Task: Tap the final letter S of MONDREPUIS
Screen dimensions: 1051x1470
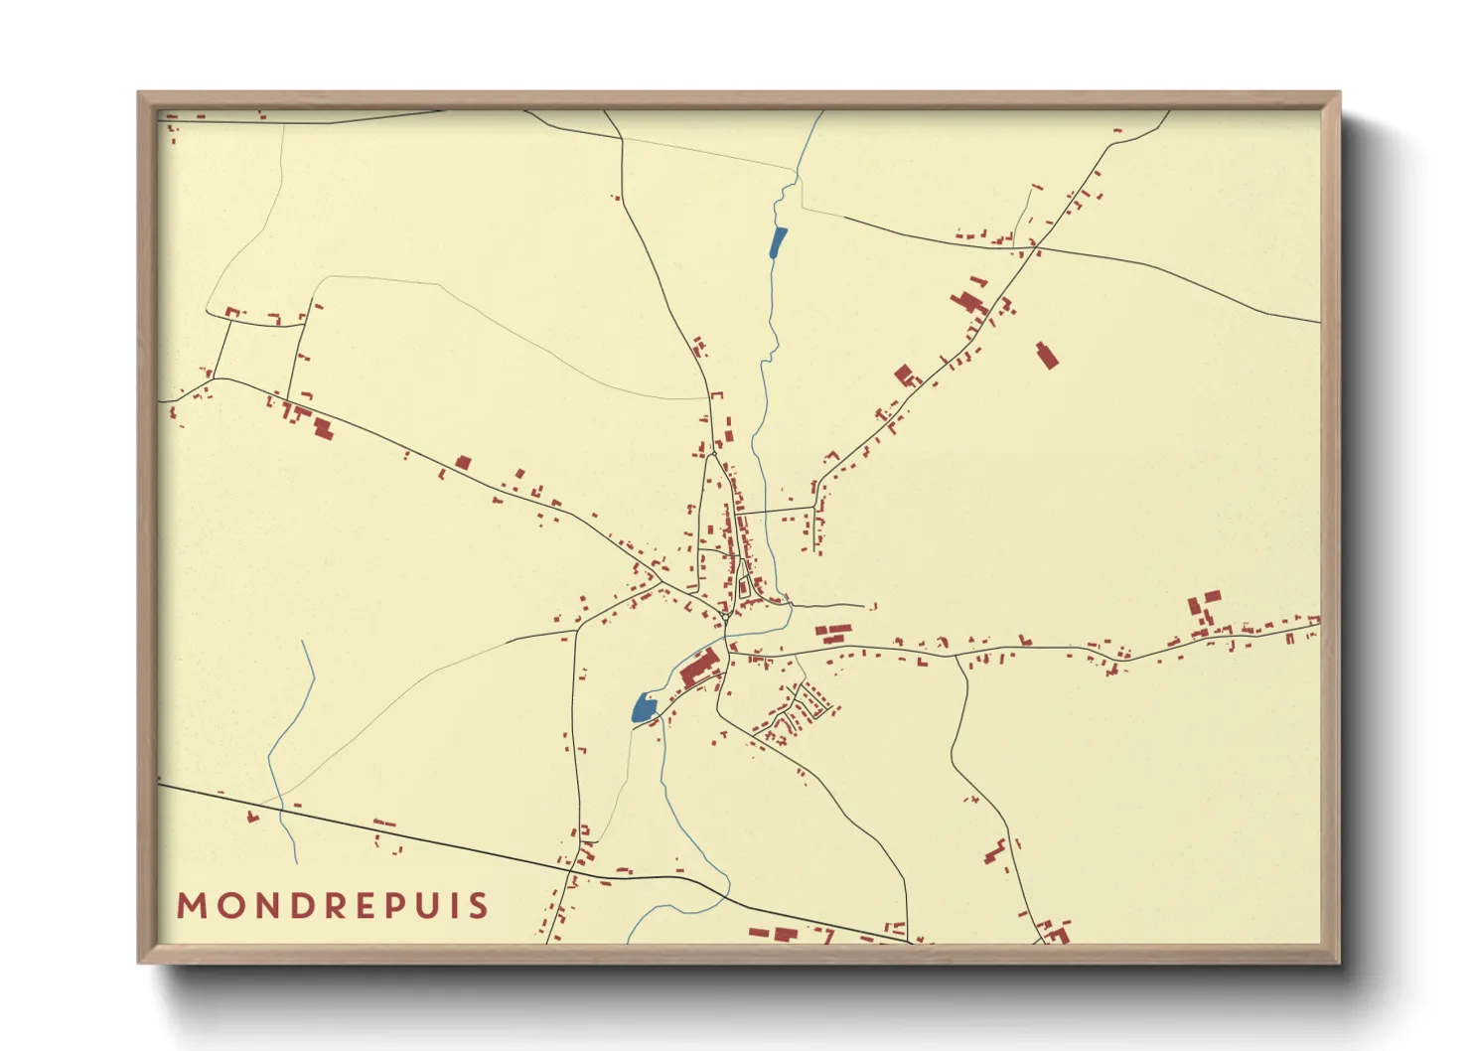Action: pos(480,906)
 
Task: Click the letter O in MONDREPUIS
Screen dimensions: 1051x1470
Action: pos(227,906)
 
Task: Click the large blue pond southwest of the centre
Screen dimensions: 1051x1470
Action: pos(644,709)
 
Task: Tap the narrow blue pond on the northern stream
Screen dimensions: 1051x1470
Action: pos(779,242)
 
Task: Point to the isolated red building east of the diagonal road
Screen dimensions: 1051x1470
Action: pos(1046,355)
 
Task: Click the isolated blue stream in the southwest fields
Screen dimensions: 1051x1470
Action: pos(288,735)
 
